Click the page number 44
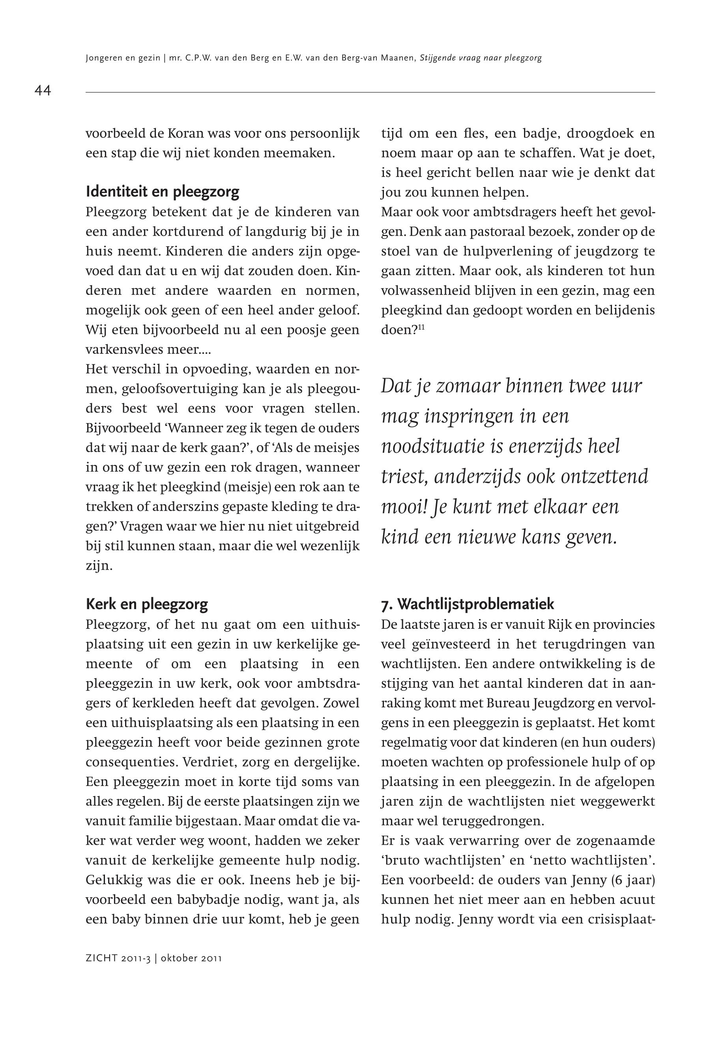point(43,91)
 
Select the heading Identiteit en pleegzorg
point(163,192)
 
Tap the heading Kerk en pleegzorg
point(147,604)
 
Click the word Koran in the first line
point(183,134)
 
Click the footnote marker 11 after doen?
point(421,327)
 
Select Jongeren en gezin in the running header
point(123,58)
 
